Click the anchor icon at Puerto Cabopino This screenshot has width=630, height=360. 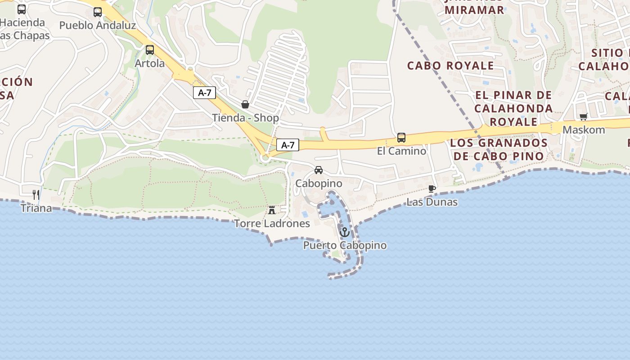click(x=345, y=232)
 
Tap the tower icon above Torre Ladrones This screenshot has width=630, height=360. click(x=272, y=210)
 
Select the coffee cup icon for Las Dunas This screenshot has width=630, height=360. click(x=432, y=189)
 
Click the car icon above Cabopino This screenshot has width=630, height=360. click(x=319, y=170)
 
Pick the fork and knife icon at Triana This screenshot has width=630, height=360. click(x=36, y=194)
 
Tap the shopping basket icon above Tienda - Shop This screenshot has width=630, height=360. click(x=245, y=104)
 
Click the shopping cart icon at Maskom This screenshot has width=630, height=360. click(x=584, y=117)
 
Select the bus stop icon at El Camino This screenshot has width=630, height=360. click(x=401, y=138)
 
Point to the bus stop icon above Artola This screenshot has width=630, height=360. click(x=150, y=50)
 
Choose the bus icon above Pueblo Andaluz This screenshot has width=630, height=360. click(x=98, y=12)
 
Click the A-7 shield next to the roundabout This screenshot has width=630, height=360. click(x=288, y=145)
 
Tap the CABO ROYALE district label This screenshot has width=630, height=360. click(x=450, y=66)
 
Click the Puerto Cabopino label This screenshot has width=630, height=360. click(x=345, y=246)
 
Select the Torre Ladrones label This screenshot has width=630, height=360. click(x=272, y=224)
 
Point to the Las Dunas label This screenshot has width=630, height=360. click(x=432, y=202)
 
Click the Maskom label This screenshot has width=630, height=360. click(x=584, y=130)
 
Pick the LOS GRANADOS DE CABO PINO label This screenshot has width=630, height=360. click(x=499, y=149)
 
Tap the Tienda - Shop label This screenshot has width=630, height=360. click(x=246, y=118)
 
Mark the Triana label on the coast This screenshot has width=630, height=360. click(x=36, y=208)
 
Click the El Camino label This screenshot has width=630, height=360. click(x=401, y=151)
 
